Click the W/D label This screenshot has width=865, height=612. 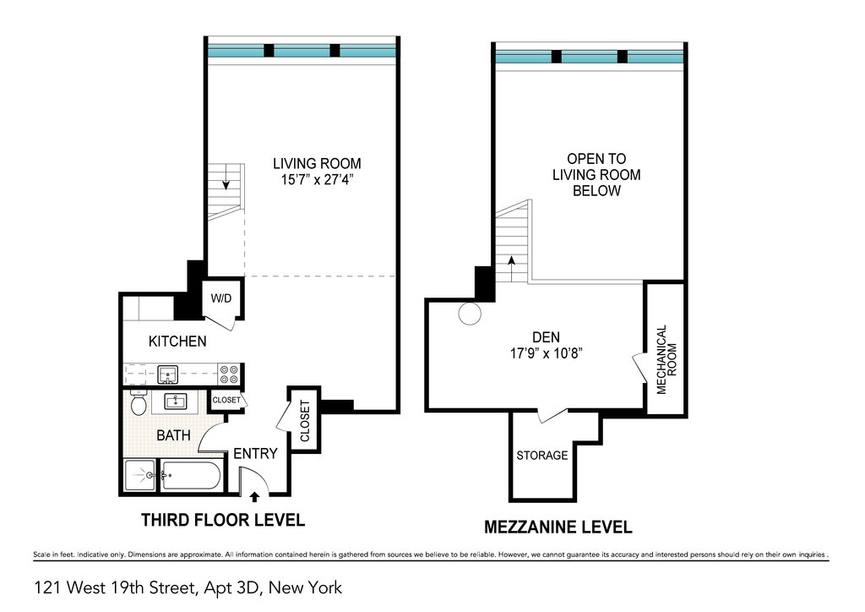pyautogui.click(x=221, y=298)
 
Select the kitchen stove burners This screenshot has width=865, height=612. pyautogui.click(x=229, y=374)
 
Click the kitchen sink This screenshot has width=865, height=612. pyautogui.click(x=167, y=374)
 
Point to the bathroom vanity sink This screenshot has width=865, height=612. pyautogui.click(x=177, y=402)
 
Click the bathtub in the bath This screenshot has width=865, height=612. pyautogui.click(x=191, y=475)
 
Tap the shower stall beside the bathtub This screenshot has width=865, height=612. pyautogui.click(x=140, y=475)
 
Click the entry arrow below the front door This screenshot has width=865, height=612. pyautogui.click(x=254, y=497)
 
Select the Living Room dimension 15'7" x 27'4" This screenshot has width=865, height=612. pyautogui.click(x=317, y=180)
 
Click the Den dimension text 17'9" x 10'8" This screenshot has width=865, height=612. pyautogui.click(x=547, y=353)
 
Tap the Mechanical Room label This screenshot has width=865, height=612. pyautogui.click(x=666, y=359)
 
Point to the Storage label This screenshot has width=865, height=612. pyautogui.click(x=541, y=456)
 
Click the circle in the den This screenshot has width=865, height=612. pyautogui.click(x=470, y=314)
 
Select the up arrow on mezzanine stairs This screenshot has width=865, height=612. pyautogui.click(x=511, y=268)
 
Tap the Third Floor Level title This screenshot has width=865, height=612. pyautogui.click(x=223, y=520)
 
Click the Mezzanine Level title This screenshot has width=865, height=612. pyautogui.click(x=558, y=527)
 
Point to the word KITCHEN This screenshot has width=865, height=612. pyautogui.click(x=177, y=341)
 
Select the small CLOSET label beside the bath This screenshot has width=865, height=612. pyautogui.click(x=226, y=400)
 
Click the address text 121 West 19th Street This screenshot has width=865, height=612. pyautogui.click(x=115, y=588)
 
